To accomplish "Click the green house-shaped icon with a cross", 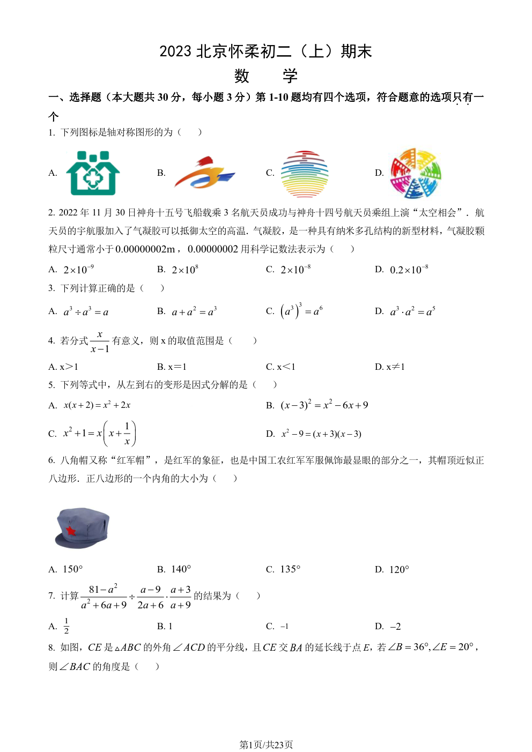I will coord(93,173).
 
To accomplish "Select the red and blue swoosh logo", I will coord(204,173).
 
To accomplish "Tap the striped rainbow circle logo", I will coord(304,174).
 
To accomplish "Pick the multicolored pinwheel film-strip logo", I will coord(415,173).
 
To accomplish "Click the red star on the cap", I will coord(71,531).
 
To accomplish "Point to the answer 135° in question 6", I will coord(290,569).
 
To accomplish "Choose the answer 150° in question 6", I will coord(73,569).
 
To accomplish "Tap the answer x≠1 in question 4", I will coord(395,367).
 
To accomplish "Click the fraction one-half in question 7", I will coord(66,626).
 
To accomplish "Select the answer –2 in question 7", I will coord(395,627).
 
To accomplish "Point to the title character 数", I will coord(242,76).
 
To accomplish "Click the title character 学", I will coord(290,76).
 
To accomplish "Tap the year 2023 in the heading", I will coord(175,51).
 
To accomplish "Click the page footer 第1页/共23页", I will coord(266,744).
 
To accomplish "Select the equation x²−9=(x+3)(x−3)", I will coord(321,434).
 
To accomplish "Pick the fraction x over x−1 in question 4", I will coord(100,341).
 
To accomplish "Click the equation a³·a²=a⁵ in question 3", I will coord(412,311).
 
